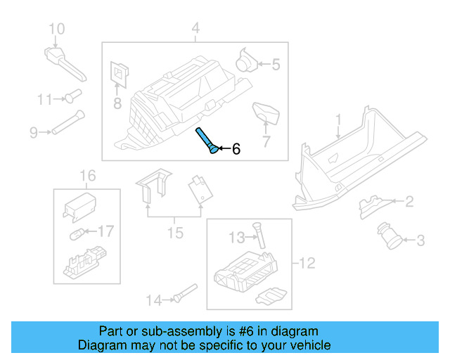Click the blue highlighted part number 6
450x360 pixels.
point(207,141)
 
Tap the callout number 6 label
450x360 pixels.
point(236,149)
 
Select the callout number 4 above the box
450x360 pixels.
point(195,29)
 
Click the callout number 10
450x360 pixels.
point(56,29)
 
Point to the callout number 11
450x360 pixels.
point(45,100)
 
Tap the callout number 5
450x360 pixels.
point(276,65)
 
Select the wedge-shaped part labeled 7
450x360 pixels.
point(265,112)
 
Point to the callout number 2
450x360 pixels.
point(409,202)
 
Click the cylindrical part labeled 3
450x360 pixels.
point(388,234)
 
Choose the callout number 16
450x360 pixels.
point(86,175)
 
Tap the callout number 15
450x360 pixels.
point(174,232)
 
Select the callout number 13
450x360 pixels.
point(237,236)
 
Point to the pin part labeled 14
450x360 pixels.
point(186,293)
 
